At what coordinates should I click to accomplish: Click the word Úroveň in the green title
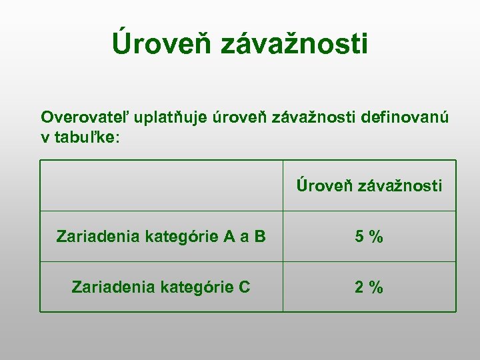tap(161, 44)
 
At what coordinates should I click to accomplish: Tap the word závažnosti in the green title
tap(293, 44)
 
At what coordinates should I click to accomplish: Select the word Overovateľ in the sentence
tap(85, 118)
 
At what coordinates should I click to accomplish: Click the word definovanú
tap(405, 118)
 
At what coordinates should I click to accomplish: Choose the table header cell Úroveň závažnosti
tap(369, 185)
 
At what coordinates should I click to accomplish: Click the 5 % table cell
tap(369, 237)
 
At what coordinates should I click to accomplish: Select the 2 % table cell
tap(369, 287)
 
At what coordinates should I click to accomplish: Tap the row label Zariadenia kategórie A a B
tap(161, 237)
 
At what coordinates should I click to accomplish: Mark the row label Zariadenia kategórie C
tap(161, 287)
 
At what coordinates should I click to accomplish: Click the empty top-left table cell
tap(161, 185)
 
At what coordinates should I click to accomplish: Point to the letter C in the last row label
tap(244, 287)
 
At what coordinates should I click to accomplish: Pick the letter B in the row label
tap(259, 237)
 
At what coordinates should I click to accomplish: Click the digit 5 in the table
tap(359, 237)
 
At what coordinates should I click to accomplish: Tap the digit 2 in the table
tap(359, 287)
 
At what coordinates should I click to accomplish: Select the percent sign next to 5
tap(377, 237)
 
